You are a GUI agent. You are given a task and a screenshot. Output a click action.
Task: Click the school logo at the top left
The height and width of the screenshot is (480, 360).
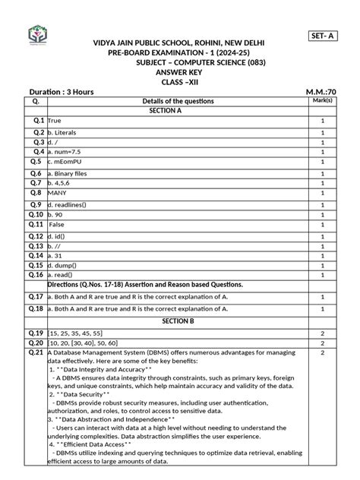pos(37,35)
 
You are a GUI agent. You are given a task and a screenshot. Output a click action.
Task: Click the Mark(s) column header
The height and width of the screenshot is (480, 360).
pos(322,100)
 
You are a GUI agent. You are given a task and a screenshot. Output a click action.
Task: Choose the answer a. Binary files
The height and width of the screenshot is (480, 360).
pos(71,173)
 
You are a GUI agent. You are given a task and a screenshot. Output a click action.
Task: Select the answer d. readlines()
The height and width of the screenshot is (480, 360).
pos(74,205)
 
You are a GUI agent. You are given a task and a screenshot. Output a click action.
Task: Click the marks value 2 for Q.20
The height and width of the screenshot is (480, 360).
pos(322,343)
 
